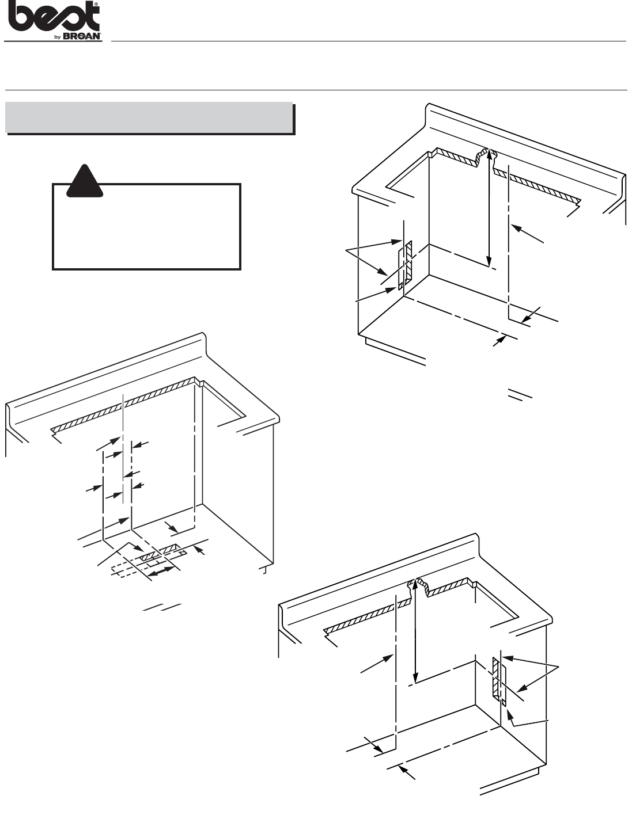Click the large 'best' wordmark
(x=52, y=17)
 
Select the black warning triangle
(x=85, y=181)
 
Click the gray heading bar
(x=149, y=117)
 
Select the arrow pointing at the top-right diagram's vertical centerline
(x=527, y=234)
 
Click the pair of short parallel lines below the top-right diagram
(x=520, y=394)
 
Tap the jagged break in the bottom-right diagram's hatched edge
(x=418, y=588)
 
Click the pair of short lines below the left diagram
(x=162, y=607)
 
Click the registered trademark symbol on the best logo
(x=97, y=3)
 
